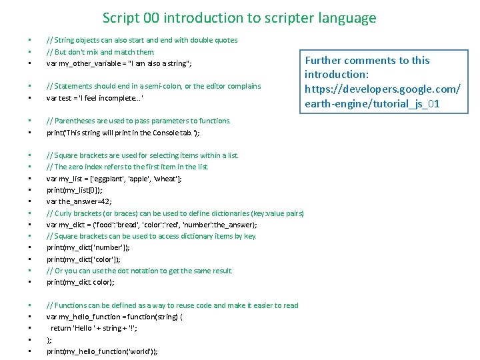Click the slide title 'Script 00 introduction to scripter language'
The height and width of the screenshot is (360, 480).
239,18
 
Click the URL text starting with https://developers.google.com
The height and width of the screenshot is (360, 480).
382,89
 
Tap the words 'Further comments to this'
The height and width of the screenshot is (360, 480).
367,61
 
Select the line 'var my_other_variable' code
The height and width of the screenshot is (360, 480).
119,63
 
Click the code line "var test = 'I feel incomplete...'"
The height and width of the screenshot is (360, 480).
95,98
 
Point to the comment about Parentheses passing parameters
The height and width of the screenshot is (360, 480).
138,121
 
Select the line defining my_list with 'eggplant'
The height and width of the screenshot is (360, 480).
114,179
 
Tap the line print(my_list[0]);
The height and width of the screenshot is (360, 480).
75,190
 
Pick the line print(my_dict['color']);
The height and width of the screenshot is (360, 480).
83,259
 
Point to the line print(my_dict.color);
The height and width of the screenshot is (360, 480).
80,282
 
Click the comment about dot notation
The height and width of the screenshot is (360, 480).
139,271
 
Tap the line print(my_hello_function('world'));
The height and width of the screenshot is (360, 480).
102,351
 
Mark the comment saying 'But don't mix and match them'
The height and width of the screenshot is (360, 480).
101,52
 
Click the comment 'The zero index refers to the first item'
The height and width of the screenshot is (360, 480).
127,167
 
